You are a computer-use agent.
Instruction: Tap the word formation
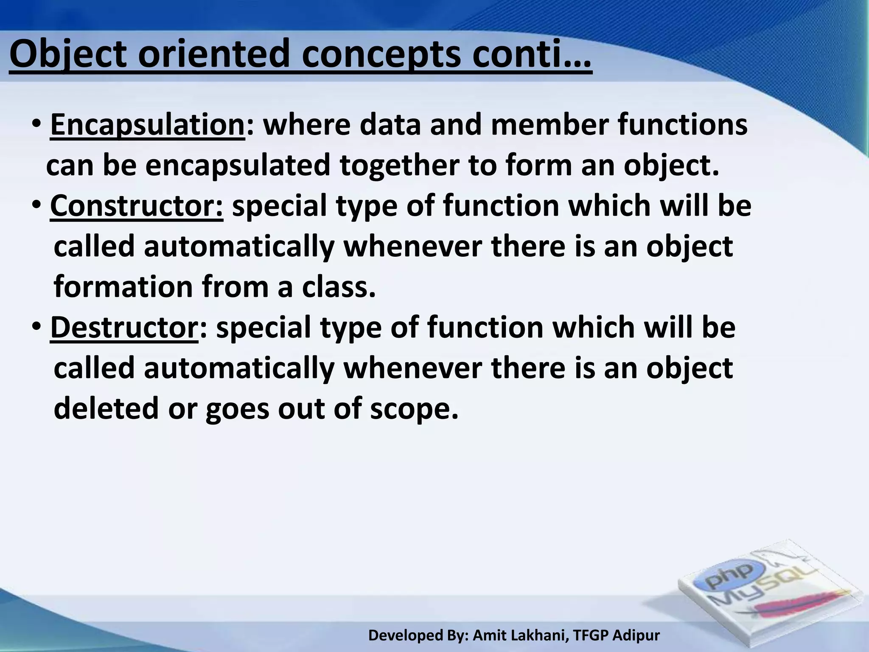(x=123, y=287)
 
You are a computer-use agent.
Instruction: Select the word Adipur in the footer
(x=636, y=635)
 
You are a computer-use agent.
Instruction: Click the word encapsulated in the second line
(x=238, y=166)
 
